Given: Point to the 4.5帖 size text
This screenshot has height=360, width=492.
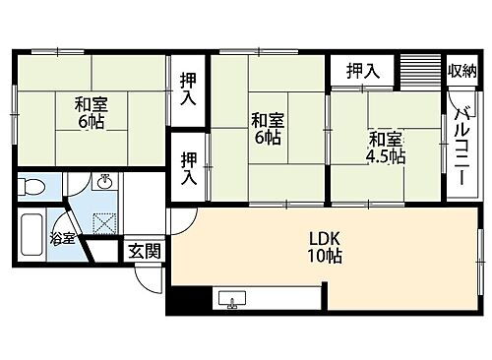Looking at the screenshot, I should [x=385, y=156].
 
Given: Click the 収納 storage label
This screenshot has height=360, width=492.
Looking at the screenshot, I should [x=461, y=70].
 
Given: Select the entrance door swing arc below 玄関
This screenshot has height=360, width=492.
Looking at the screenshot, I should [x=148, y=274].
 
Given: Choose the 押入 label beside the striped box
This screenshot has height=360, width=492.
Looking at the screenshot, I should [x=363, y=70].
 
